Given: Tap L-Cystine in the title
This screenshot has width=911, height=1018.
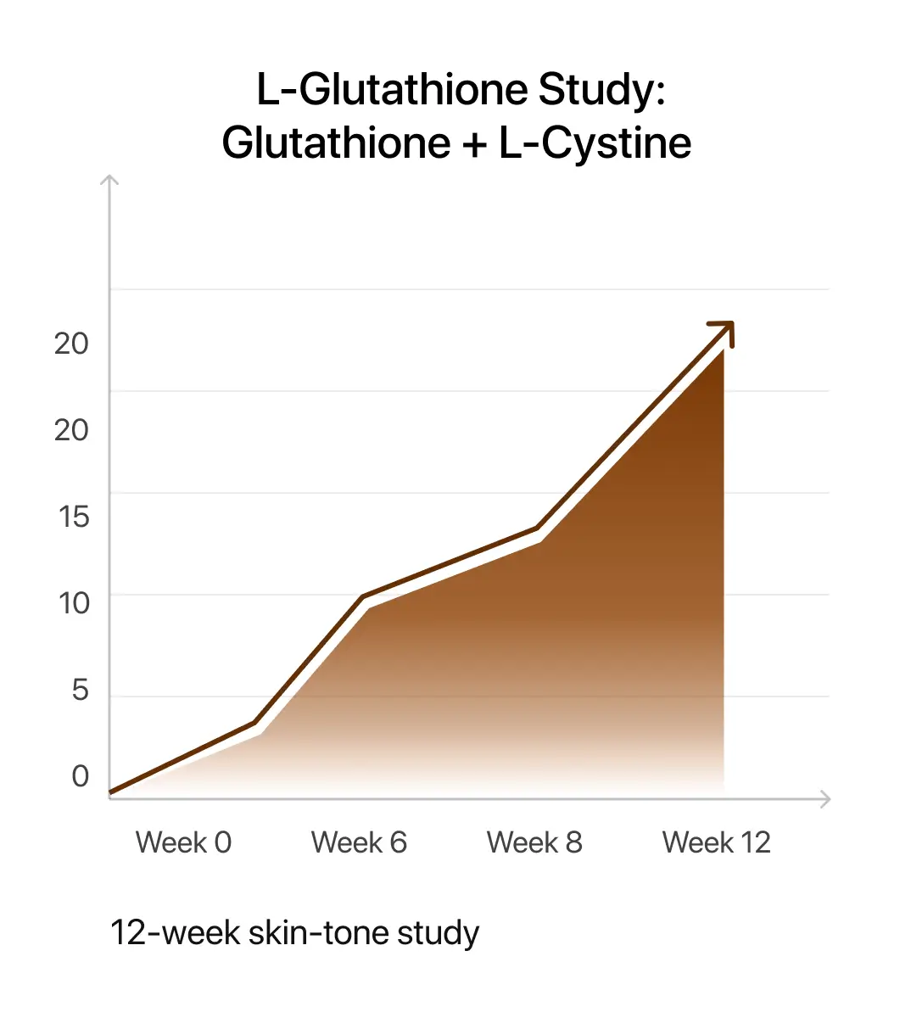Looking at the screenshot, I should pyautogui.click(x=595, y=143).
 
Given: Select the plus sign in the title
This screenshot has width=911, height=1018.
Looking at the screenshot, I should pyautogui.click(x=475, y=144).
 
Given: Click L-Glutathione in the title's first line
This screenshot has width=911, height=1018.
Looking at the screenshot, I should pyautogui.click(x=392, y=90).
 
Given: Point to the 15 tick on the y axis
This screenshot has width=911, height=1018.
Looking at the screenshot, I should pyautogui.click(x=74, y=517).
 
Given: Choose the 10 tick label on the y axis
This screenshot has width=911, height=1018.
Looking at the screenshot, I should pyautogui.click(x=74, y=603).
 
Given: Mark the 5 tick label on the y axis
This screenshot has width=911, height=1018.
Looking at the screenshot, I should pyautogui.click(x=80, y=690).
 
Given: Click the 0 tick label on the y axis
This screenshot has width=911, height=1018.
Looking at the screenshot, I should pyautogui.click(x=80, y=775).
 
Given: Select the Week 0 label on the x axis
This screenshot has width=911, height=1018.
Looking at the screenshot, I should pyautogui.click(x=183, y=842).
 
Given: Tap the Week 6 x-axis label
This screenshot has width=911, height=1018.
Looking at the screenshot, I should pyautogui.click(x=359, y=842).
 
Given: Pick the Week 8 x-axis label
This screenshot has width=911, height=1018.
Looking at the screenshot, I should pyautogui.click(x=534, y=842).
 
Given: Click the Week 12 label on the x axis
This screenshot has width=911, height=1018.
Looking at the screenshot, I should pyautogui.click(x=716, y=842).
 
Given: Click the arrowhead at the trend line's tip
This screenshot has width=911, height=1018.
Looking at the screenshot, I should pyautogui.click(x=725, y=330).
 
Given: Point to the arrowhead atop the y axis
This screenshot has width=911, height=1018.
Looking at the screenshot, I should pyautogui.click(x=109, y=180).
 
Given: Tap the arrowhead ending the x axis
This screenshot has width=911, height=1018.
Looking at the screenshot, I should pyautogui.click(x=824, y=798).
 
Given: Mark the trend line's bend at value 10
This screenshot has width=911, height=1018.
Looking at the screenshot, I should pyautogui.click(x=363, y=597).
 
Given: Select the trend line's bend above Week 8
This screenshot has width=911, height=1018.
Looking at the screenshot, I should pyautogui.click(x=537, y=529).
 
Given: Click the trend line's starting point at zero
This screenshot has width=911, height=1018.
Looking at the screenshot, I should pyautogui.click(x=112, y=793).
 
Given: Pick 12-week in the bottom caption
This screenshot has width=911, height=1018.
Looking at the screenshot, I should pyautogui.click(x=174, y=932).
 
